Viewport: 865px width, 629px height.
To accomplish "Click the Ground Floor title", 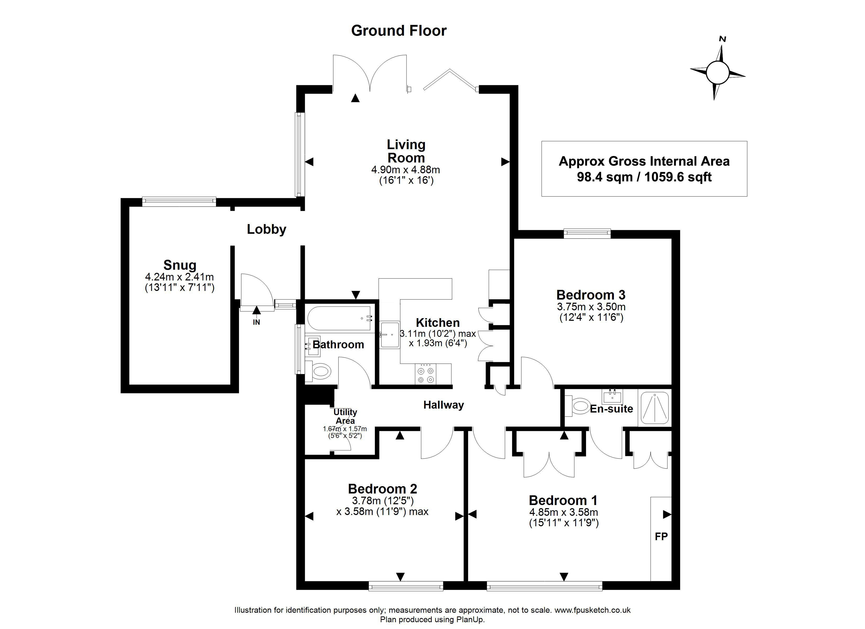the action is pyautogui.click(x=399, y=30).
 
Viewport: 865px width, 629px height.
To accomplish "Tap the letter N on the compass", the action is pyautogui.click(x=722, y=39).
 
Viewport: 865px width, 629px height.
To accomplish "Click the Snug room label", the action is pyautogui.click(x=180, y=265).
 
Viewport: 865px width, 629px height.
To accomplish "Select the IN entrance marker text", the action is pyautogui.click(x=256, y=322).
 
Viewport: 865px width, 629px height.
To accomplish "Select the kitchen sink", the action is pyautogui.click(x=390, y=334).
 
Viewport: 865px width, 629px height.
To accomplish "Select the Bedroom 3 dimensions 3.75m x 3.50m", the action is pyautogui.click(x=591, y=306).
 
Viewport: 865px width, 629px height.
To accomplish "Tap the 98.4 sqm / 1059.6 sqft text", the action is pyautogui.click(x=644, y=177).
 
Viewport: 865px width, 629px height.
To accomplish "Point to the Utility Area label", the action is pyautogui.click(x=345, y=416).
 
